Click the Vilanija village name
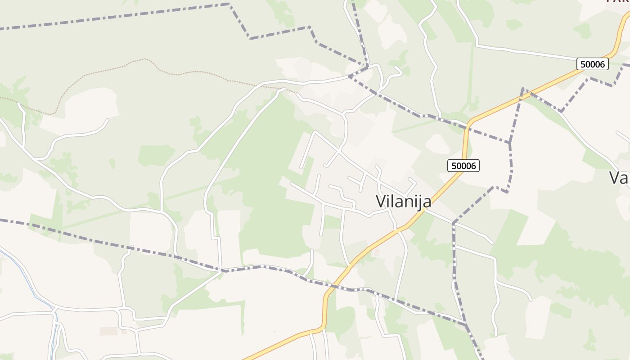click(404, 201)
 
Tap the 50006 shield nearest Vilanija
click(463, 166)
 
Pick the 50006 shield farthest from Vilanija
click(592, 64)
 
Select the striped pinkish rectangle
click(108, 331)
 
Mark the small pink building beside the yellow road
click(377, 253)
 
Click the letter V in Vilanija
click(381, 201)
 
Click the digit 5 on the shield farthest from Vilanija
click(583, 64)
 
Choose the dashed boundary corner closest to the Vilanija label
click(454, 223)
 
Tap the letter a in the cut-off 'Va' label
click(625, 178)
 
